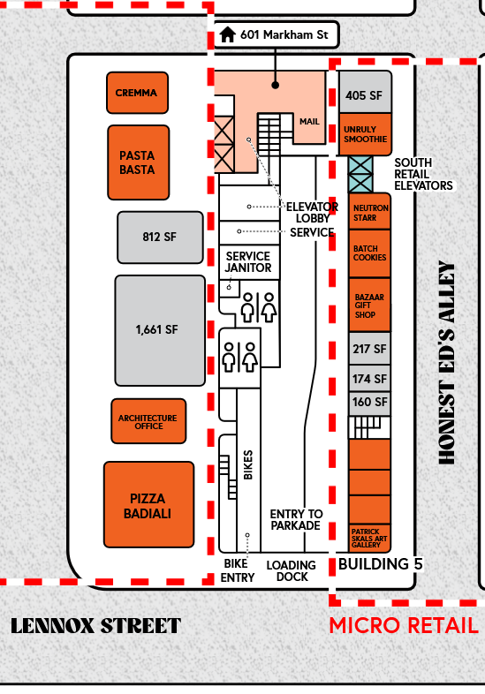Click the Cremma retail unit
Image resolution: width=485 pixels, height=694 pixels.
pos(137,93)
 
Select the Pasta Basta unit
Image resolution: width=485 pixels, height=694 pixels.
pos(139,162)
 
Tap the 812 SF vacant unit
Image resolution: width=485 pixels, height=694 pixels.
pos(160,238)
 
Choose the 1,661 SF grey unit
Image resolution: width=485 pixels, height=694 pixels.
pos(160,330)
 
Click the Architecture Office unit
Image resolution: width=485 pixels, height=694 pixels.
pos(148,421)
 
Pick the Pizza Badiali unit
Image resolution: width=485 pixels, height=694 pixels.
pos(148,505)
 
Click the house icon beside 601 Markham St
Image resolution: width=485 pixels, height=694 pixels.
pos(228,34)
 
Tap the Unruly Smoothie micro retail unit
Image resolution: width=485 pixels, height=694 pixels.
pos(366,134)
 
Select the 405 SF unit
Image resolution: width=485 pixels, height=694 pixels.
pos(366,92)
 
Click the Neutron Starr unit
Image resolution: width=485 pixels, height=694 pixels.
pos(370,212)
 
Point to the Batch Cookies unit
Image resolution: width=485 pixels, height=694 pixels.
pos(370,253)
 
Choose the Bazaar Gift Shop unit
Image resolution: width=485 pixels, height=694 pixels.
pos(370,305)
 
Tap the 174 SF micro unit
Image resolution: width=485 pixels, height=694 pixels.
pos(370,379)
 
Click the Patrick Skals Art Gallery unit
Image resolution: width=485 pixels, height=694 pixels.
pos(370,539)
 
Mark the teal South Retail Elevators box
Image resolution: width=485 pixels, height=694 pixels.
pos(360,174)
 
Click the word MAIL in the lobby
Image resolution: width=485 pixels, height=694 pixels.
pos(309,122)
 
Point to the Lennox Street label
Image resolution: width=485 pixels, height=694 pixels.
pos(95,626)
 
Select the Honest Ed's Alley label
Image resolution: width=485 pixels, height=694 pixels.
pos(446,363)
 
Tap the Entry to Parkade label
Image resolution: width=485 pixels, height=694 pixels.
pos(296,519)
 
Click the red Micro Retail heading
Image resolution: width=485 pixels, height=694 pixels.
pos(404,625)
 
